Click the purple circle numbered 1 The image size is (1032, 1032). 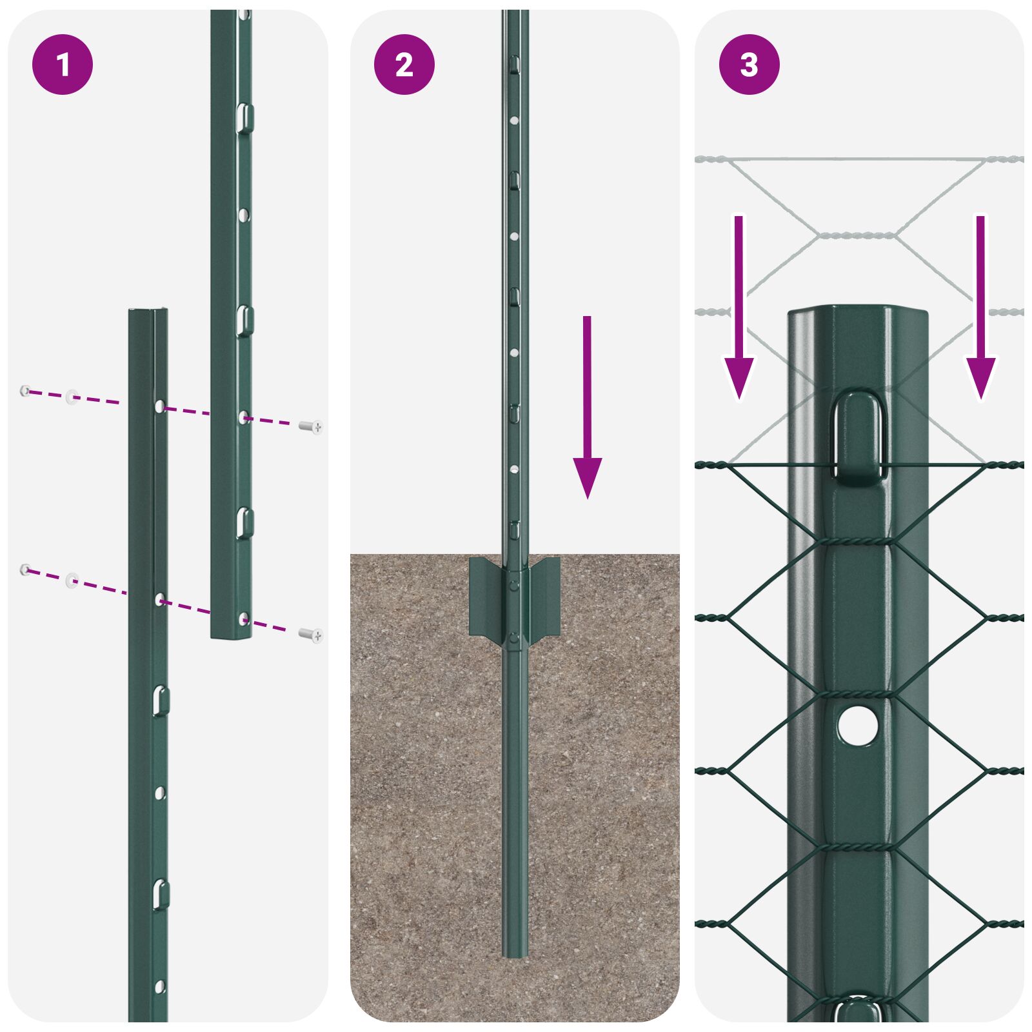coord(63,64)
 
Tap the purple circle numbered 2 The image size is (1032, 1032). coord(404,64)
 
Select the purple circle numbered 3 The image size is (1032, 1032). coord(749,64)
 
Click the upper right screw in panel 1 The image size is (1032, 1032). coord(312,426)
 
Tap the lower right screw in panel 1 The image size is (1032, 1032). coord(312,635)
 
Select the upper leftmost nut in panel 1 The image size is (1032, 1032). coord(25,390)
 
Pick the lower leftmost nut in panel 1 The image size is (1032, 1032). coord(25,569)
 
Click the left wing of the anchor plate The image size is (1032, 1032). coord(484,597)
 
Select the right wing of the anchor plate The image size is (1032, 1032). coord(546,597)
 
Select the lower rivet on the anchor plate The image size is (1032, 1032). coord(514,638)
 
